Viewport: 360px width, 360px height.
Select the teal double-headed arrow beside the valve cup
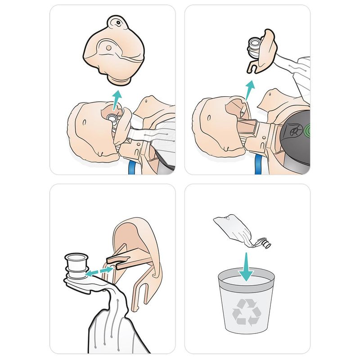[x=100, y=270]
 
